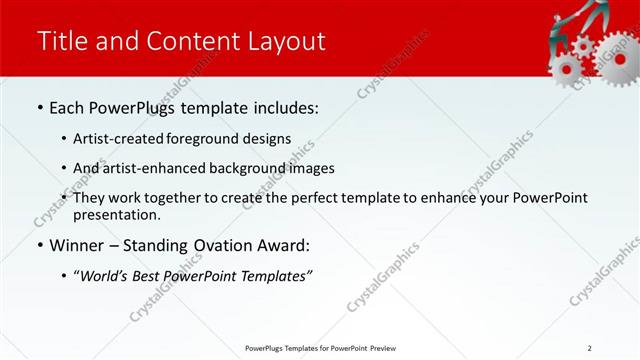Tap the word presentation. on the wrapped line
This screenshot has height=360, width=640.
(x=116, y=214)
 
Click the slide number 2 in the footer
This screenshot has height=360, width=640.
(x=589, y=348)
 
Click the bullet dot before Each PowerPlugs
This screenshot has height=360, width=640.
(x=39, y=107)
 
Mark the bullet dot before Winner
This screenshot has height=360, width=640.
(x=39, y=245)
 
